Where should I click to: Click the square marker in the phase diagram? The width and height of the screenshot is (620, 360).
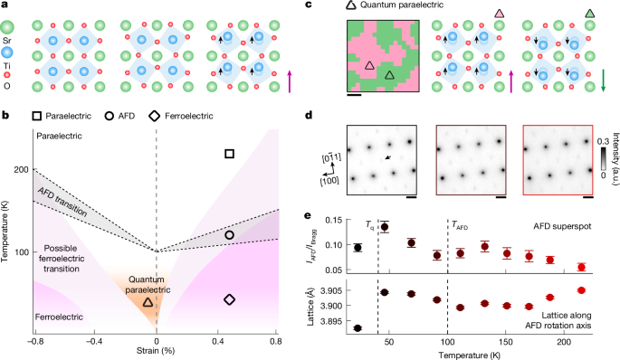229,154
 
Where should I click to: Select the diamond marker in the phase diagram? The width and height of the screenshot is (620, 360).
229,299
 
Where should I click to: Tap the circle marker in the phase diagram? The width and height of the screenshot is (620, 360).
229,235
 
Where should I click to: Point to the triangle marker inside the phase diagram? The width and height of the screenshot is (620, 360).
148,302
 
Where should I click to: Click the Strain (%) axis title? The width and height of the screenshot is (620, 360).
156,351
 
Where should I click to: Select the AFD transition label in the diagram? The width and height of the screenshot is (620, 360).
62,202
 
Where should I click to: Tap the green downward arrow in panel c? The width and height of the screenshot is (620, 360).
603,81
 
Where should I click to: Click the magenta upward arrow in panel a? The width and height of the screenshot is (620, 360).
290,81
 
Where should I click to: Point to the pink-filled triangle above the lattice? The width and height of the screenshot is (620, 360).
500,14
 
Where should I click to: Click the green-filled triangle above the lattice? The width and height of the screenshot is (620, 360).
589,14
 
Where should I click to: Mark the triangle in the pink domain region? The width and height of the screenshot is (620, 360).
369,66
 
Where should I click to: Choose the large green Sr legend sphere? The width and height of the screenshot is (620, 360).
7,27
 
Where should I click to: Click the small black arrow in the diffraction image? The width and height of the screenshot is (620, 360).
389,157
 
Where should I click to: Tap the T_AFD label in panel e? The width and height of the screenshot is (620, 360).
460,225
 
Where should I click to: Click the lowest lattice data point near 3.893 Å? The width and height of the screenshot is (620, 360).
358,328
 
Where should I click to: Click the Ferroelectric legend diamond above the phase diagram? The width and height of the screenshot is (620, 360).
155,116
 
